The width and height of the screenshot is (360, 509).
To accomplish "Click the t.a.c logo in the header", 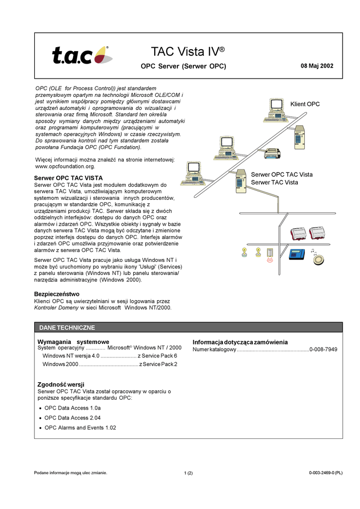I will (x=82, y=55).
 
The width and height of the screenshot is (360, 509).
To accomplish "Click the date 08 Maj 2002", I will (x=317, y=66).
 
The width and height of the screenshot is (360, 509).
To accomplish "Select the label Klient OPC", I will (x=305, y=104).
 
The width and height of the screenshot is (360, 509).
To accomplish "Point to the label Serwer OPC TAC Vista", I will (x=281, y=174).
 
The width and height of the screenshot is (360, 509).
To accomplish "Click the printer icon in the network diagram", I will (x=272, y=153).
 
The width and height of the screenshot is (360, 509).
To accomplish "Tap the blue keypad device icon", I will (x=297, y=254).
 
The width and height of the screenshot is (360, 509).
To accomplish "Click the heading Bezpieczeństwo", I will (x=57, y=294).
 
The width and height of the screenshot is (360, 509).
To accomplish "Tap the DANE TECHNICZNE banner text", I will (x=67, y=328).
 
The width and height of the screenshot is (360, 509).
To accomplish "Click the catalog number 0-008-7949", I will (x=323, y=349).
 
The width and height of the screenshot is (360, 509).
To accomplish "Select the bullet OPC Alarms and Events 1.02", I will (x=80, y=427).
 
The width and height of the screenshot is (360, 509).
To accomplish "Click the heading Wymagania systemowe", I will (x=73, y=342).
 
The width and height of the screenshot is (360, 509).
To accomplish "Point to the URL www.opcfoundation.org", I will (x=65, y=167).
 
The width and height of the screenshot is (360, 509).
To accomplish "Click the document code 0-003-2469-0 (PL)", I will (x=326, y=473).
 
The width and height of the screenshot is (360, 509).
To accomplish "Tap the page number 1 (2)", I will (x=188, y=473).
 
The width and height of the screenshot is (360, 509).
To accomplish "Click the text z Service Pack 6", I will (x=157, y=356).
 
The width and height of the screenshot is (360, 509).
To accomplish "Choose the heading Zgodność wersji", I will (x=61, y=384).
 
